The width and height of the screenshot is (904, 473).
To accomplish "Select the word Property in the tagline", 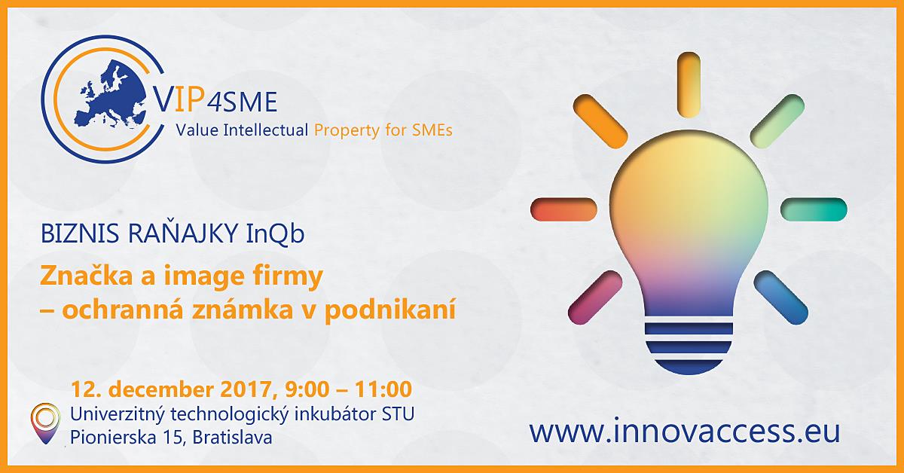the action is click(x=347, y=131).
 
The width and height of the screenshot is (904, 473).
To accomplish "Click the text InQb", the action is click(x=275, y=234).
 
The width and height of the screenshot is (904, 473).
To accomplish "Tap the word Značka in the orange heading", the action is click(x=87, y=276).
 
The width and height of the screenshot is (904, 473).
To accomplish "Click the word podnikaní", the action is click(x=390, y=311).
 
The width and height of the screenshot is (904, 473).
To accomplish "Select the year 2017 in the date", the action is click(x=246, y=390).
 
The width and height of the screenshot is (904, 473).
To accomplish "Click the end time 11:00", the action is click(x=383, y=390).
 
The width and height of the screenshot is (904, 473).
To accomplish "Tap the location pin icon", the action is click(x=46, y=423).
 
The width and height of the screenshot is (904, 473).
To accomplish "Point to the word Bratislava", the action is click(x=232, y=438).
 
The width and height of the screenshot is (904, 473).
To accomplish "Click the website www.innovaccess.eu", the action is click(x=685, y=432).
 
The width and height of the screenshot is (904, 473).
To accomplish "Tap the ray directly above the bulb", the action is click(x=689, y=85).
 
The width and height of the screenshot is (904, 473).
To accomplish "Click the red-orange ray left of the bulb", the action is click(x=563, y=209).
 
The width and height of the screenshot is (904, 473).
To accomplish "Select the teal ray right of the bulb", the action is click(x=814, y=209).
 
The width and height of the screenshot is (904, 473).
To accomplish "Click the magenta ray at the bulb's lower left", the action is click(x=595, y=298).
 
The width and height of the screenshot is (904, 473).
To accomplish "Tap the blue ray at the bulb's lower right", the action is click(x=781, y=298).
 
